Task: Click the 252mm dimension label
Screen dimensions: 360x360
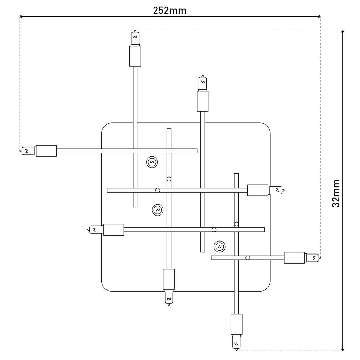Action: coord(169,11)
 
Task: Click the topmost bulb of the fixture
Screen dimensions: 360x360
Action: coord(135,38)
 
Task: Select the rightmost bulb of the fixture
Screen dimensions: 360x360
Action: coord(313,258)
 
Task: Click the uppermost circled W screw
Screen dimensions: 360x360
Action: coord(152,162)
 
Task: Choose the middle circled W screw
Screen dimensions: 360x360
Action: coord(157,210)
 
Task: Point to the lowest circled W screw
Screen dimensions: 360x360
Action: coord(219,246)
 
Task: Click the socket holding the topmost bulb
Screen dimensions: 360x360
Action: coord(135,56)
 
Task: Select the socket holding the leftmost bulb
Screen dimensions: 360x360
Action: coord(46,151)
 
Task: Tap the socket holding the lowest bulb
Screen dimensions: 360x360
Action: coord(236,324)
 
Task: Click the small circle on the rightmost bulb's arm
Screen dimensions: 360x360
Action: coord(248,258)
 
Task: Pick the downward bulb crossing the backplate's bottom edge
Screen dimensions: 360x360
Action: coord(169,297)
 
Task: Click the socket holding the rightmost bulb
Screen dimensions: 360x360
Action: coord(294,258)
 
